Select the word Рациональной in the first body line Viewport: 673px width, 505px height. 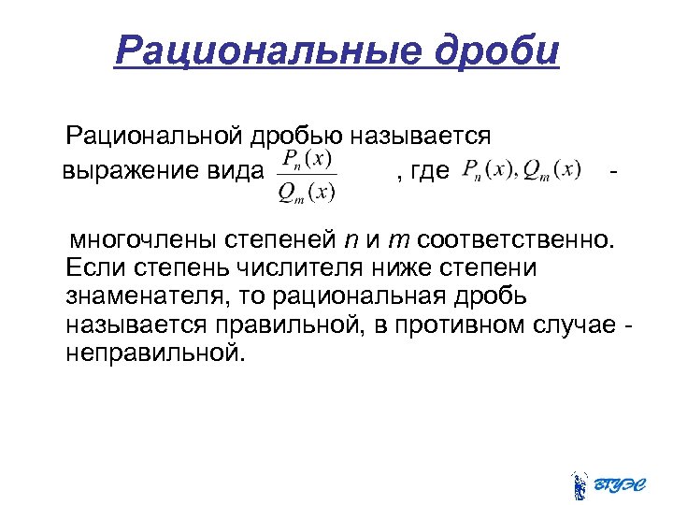(x=155, y=137)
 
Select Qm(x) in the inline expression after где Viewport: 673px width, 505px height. (x=552, y=170)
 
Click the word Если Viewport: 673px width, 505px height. (x=93, y=268)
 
